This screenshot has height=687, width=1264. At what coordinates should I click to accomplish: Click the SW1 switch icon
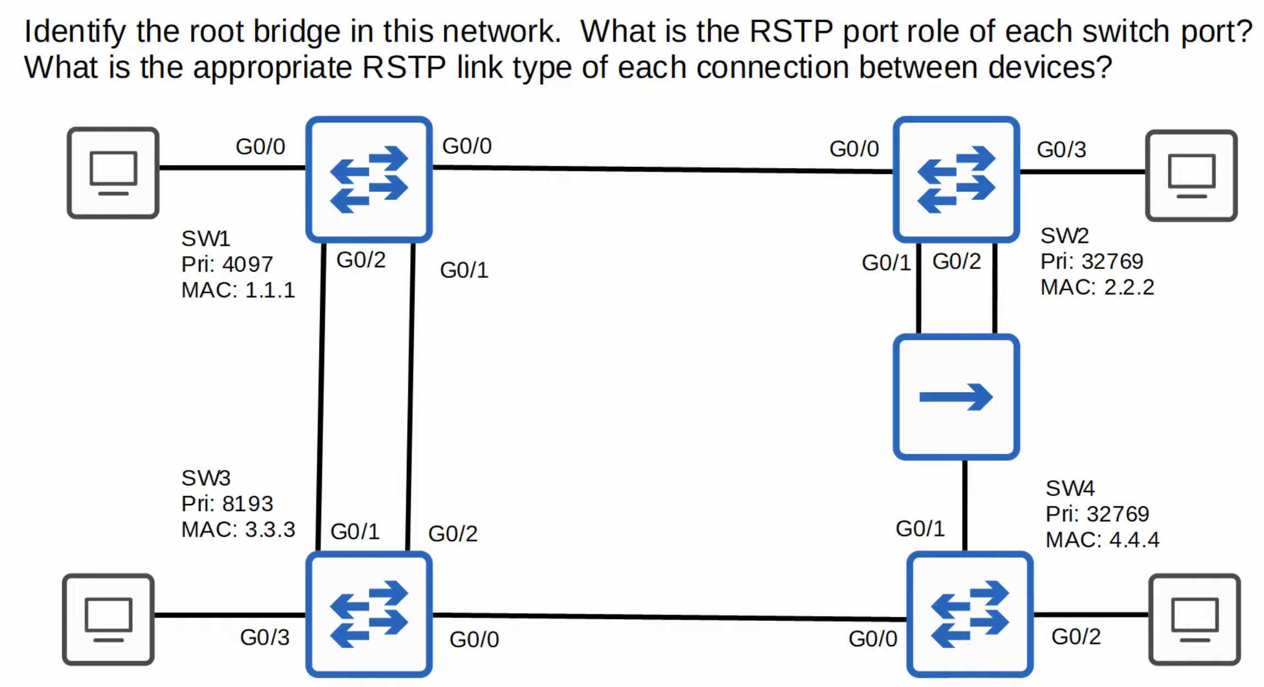point(369,179)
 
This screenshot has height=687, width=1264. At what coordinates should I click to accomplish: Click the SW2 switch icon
point(956,179)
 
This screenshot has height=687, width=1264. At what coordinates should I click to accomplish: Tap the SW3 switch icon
point(369,614)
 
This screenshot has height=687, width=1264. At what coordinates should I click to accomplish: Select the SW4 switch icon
point(970,614)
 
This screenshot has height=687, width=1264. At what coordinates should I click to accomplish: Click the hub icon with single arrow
point(956,397)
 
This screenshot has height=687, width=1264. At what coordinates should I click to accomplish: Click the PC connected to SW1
point(113,173)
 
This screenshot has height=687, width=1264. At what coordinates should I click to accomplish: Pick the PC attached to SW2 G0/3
point(1191,176)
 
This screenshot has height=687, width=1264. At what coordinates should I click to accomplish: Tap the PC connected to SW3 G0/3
point(108,619)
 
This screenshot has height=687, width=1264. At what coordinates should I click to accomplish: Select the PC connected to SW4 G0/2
point(1195,619)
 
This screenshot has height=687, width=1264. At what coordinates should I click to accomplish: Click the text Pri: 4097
point(227,264)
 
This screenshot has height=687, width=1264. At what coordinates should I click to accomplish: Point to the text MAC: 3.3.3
point(238,529)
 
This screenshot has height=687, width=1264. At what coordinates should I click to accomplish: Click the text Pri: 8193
point(227,504)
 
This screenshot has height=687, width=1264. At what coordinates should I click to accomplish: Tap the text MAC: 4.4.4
point(1102,540)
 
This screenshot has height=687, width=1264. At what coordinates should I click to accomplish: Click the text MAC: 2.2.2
point(1097,287)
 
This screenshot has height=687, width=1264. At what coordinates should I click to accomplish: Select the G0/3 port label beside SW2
point(1061,149)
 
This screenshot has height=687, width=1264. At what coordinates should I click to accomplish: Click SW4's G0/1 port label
point(920,529)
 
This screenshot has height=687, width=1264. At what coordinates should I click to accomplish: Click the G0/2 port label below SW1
point(361,260)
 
